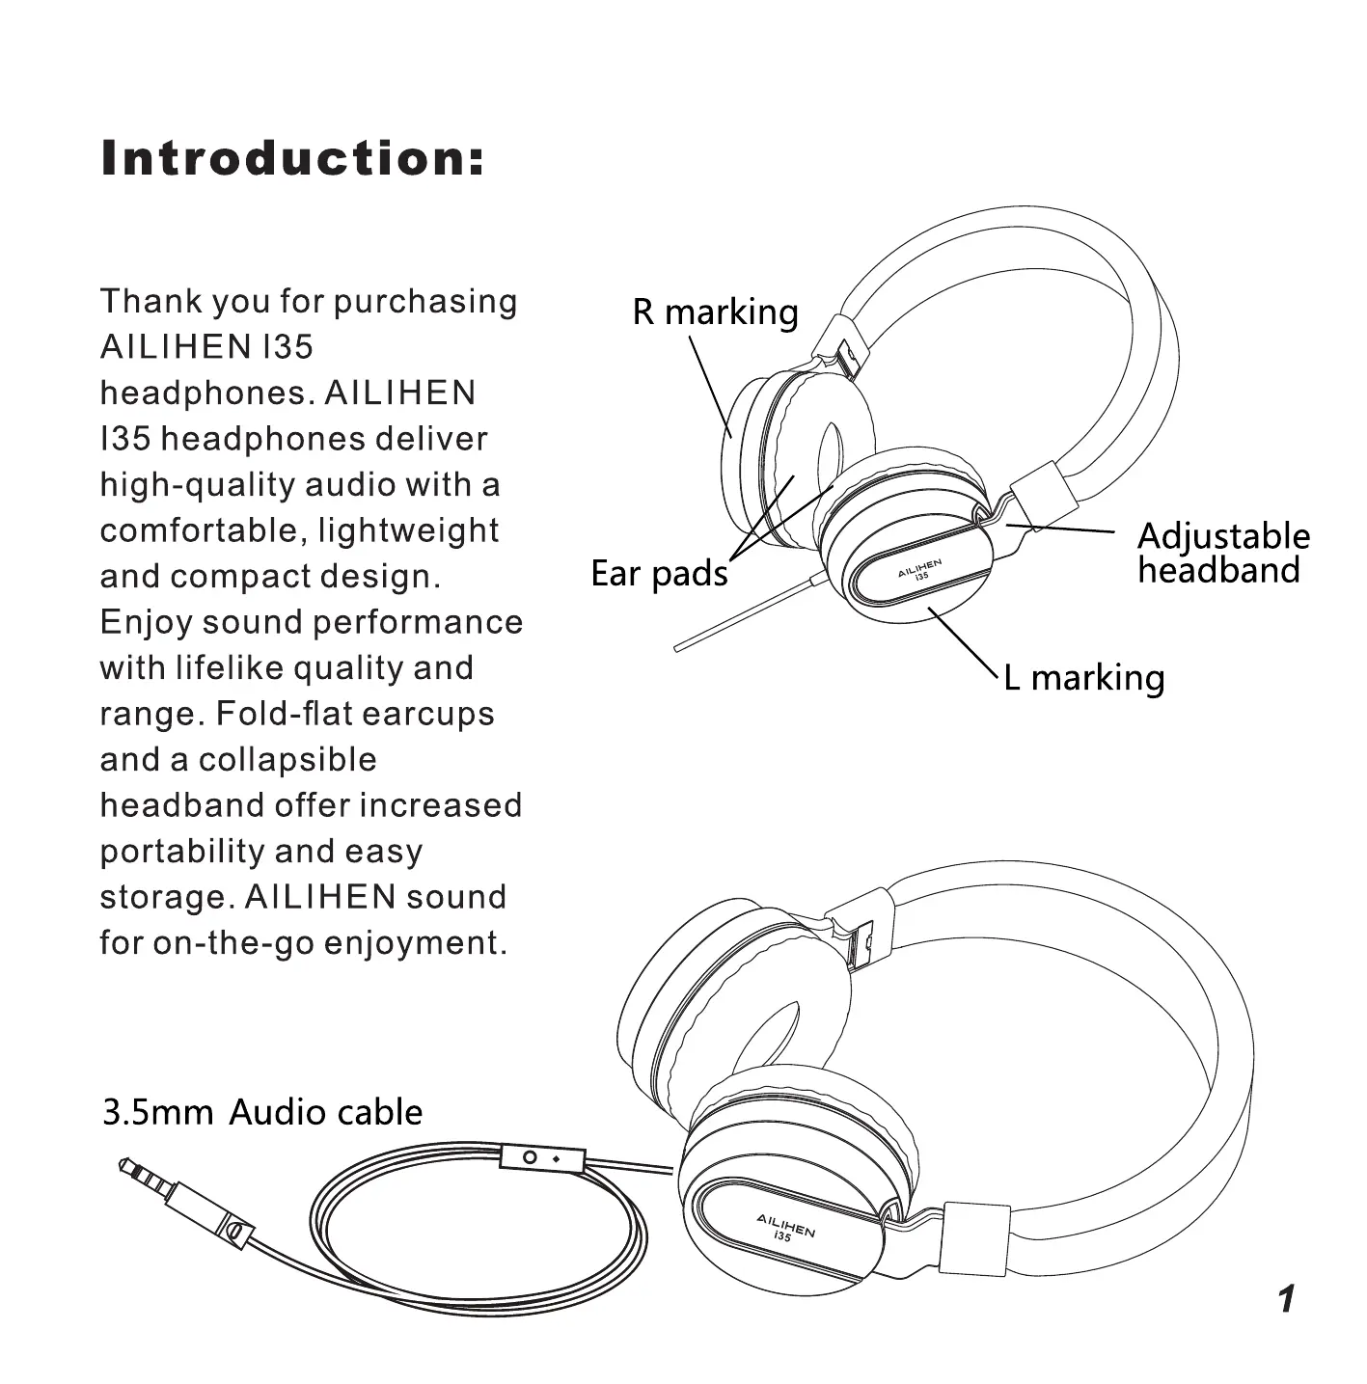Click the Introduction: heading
click(x=292, y=159)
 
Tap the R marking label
click(x=715, y=312)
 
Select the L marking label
click(x=1083, y=677)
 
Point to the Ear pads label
click(x=659, y=574)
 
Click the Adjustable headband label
click(x=1222, y=553)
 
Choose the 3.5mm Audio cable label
click(x=262, y=1112)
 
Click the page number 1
click(x=1285, y=1299)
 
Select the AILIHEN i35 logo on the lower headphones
click(x=785, y=1229)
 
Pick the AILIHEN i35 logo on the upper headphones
click(x=918, y=568)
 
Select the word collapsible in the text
click(x=287, y=760)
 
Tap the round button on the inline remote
click(x=530, y=1157)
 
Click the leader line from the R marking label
click(x=709, y=386)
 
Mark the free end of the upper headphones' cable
click(x=678, y=648)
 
